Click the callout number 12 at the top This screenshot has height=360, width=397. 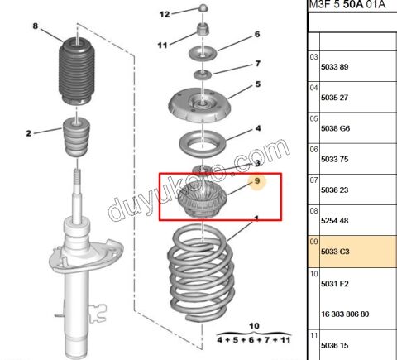coord(165,14)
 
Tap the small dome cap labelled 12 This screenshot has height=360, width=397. coord(203,8)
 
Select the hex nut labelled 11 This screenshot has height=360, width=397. coord(203,29)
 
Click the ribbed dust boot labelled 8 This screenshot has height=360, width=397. coord(77,71)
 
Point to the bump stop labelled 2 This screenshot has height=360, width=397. coord(77,137)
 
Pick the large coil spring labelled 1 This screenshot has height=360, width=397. coord(201,273)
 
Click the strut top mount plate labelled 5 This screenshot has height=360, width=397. coord(199,106)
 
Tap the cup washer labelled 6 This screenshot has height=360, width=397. coord(203,53)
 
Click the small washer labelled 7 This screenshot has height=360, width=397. coord(203,74)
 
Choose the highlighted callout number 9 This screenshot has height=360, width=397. coord(257,181)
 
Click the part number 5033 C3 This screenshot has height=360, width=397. coord(335,252)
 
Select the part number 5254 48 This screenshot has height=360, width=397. coord(334,221)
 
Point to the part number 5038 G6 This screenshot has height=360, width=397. coord(335,128)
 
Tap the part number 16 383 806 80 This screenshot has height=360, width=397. coord(345,314)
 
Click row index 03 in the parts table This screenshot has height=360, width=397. coord(313,57)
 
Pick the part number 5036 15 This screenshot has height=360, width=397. coord(334,345)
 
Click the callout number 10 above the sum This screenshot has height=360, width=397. coord(254,326)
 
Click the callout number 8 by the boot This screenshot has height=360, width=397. coord(36,26)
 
